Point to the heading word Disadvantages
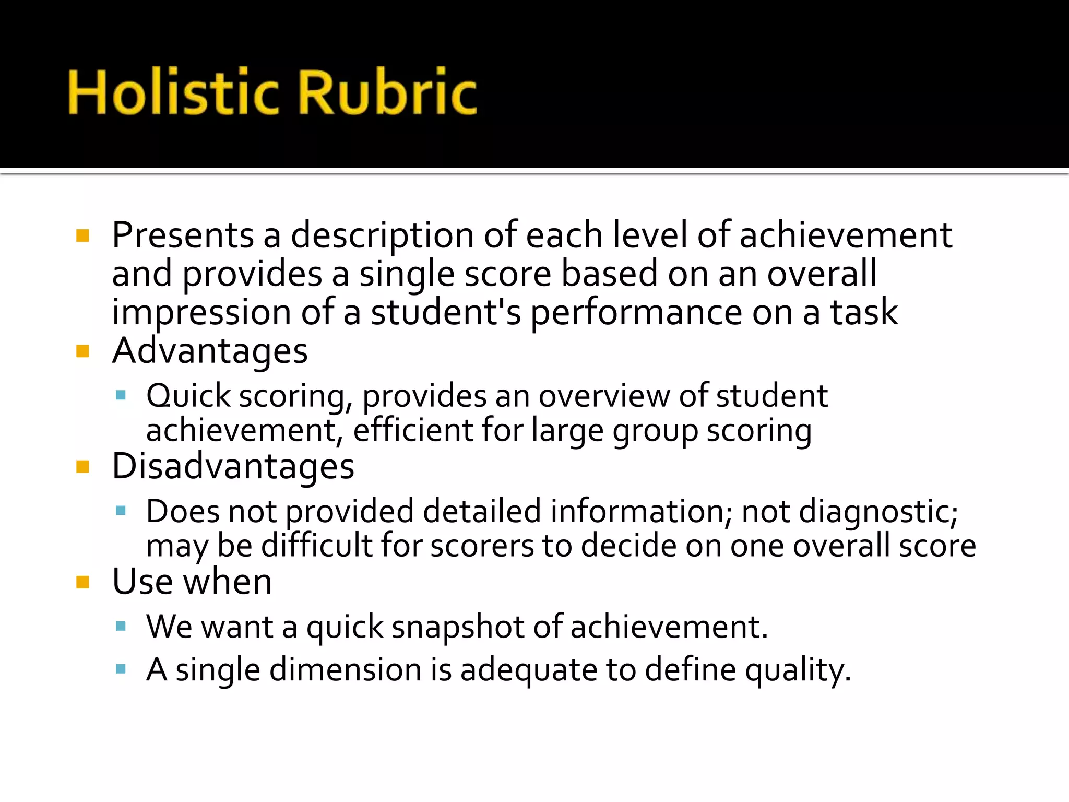pyautogui.click(x=233, y=466)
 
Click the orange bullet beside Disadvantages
pyautogui.click(x=82, y=466)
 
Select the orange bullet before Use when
pyautogui.click(x=82, y=582)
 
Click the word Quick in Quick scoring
pyautogui.click(x=188, y=396)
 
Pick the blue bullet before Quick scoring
pyautogui.click(x=121, y=395)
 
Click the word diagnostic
pyautogui.click(x=878, y=511)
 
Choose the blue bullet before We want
pyautogui.click(x=121, y=626)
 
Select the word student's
pyautogui.click(x=446, y=312)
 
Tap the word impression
pyautogui.click(x=201, y=312)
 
